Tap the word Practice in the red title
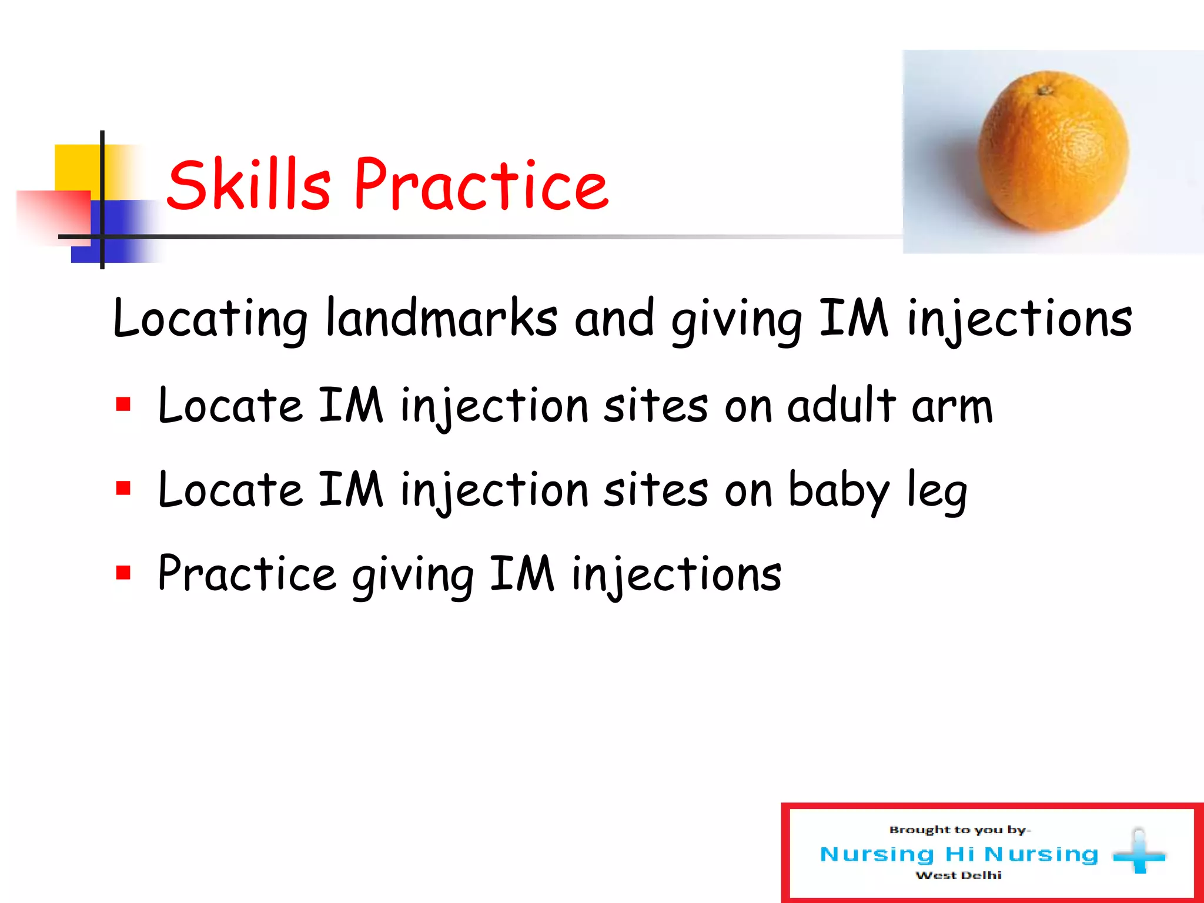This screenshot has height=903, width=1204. coord(481,185)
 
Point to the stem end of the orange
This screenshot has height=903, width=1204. coord(1045,90)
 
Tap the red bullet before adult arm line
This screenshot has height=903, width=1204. coord(123,404)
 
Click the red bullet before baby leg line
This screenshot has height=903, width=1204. coord(123,489)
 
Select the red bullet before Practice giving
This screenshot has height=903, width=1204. coord(123,573)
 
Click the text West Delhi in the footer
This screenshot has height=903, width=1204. coord(958,875)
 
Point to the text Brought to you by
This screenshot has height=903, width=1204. coord(958,830)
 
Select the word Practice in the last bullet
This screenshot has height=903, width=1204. coord(247,574)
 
